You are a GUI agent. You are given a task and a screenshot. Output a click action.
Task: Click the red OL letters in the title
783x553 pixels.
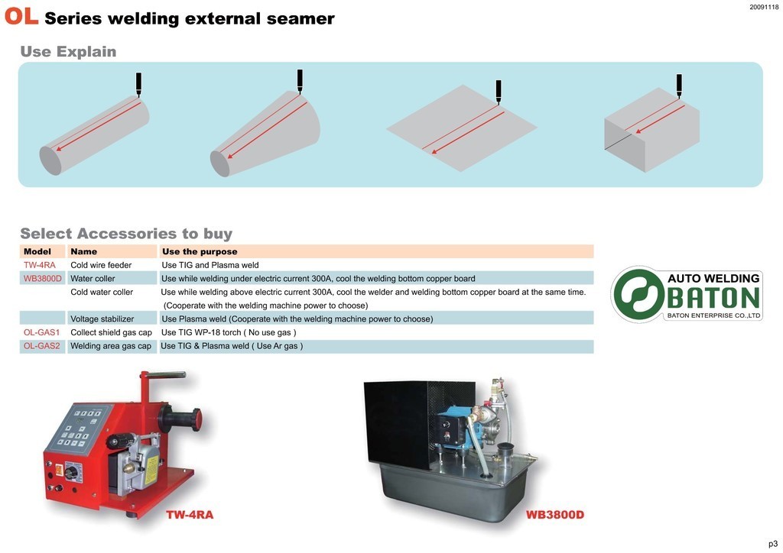point(21,17)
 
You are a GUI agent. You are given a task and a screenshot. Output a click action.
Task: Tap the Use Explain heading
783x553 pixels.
point(68,52)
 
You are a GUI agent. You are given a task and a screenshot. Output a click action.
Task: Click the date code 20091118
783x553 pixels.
point(763,7)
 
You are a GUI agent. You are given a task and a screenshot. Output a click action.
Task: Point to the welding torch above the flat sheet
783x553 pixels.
point(499,91)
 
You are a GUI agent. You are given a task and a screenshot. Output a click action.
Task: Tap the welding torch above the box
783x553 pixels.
point(679,84)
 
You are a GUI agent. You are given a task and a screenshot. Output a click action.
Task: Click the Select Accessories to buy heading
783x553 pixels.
point(126,234)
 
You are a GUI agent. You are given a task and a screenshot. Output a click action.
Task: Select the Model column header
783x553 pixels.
point(37,251)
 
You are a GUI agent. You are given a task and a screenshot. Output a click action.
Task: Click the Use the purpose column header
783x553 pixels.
point(200,251)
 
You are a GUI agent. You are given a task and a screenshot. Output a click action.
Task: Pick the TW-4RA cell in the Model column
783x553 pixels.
point(40,265)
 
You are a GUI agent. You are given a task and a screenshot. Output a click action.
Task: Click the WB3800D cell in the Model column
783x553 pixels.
point(43,279)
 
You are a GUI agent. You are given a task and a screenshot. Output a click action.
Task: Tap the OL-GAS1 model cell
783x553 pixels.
point(42,333)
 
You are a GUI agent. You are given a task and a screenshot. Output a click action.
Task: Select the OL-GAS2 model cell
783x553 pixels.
point(42,346)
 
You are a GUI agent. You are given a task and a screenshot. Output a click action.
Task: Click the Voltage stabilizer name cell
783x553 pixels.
point(102,319)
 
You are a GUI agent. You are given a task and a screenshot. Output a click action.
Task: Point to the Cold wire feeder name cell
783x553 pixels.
point(101,265)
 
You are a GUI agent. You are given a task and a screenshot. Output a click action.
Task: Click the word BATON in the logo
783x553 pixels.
point(713,298)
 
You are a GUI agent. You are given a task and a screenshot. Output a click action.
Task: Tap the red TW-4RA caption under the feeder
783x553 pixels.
point(190,515)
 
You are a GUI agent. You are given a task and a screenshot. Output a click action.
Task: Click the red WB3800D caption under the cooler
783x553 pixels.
point(555,515)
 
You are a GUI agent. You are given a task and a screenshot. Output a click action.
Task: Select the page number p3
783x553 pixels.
point(772,544)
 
